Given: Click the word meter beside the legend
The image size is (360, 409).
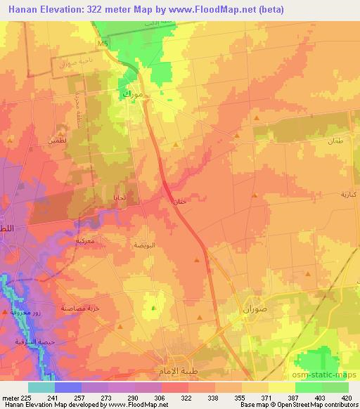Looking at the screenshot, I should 9,396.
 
